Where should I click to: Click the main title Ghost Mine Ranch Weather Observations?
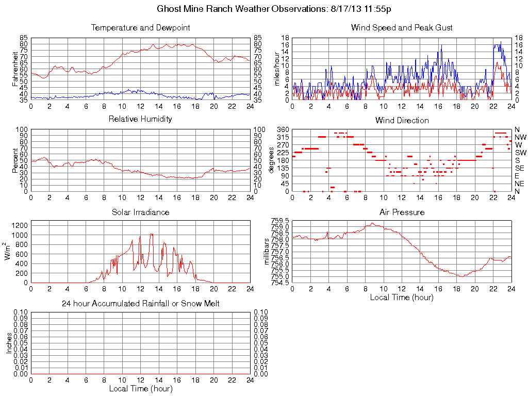coord(277,9)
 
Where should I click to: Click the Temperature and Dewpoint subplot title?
coord(141,27)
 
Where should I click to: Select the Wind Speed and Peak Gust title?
coord(402,27)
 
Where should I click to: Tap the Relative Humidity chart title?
coord(141,119)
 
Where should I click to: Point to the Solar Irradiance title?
coord(141,212)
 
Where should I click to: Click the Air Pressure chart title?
coord(402,212)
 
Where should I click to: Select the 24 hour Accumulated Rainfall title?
coord(141,304)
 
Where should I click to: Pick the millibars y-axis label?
coord(267,251)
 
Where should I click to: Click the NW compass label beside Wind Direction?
coord(520,137)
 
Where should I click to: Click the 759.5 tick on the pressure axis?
coord(280,221)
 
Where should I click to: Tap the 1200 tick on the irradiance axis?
coord(19,225)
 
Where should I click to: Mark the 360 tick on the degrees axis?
coord(282,129)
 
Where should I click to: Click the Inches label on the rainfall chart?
coord(9,343)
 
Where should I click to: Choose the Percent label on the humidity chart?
coord(15,160)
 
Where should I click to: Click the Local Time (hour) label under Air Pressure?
coord(402,297)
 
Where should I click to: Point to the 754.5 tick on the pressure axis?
coord(280,283)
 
